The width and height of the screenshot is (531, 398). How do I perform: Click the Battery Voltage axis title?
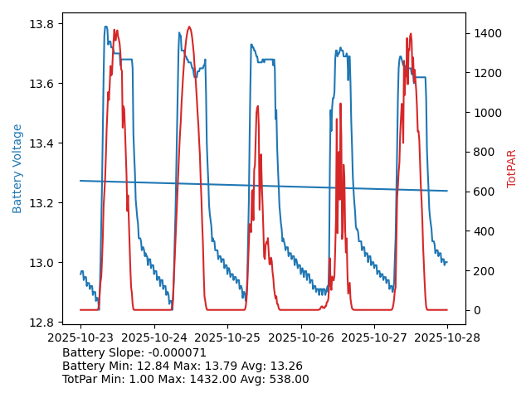point(17,168)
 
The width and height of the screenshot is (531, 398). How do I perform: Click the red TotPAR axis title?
point(512,168)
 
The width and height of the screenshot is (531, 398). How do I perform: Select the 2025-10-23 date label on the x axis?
point(80,338)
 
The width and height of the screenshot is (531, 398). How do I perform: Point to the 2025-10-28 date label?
point(447,338)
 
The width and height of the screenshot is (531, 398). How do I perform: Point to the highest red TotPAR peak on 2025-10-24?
point(189,27)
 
